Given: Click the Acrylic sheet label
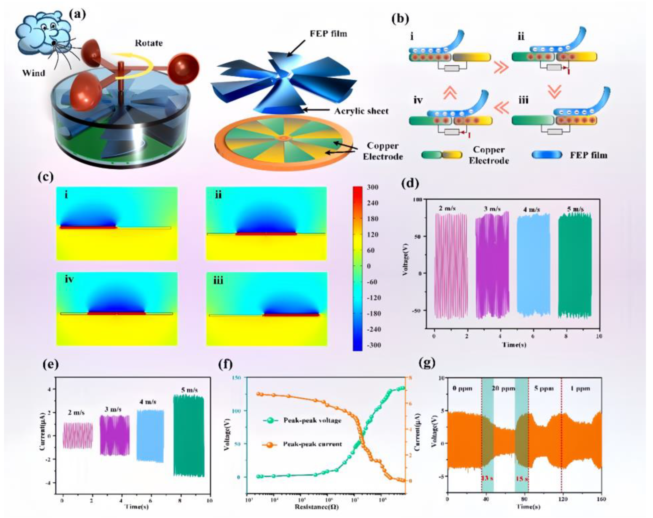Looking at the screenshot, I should (x=361, y=111).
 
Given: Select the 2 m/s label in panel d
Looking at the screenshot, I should (x=447, y=208).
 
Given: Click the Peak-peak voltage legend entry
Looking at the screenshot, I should (x=312, y=420).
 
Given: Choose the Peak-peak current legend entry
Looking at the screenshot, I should (x=312, y=444).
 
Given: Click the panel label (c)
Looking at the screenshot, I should (x=46, y=176).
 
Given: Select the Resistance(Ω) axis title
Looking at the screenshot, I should (x=316, y=506).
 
